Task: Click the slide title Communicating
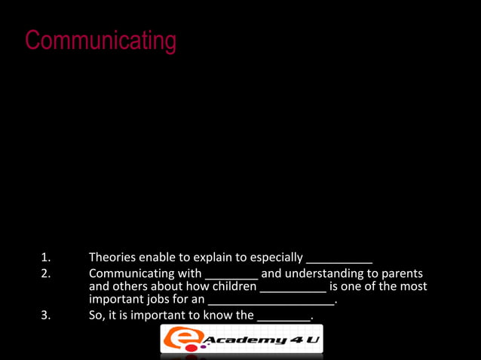click(100, 41)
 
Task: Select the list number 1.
click(46, 258)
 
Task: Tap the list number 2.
click(46, 273)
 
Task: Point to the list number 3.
click(46, 316)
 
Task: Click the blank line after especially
click(339, 261)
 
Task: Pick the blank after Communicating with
click(231, 276)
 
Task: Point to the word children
click(233, 287)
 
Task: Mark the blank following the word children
click(293, 290)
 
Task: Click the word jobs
click(158, 301)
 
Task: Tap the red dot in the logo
click(202, 347)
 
